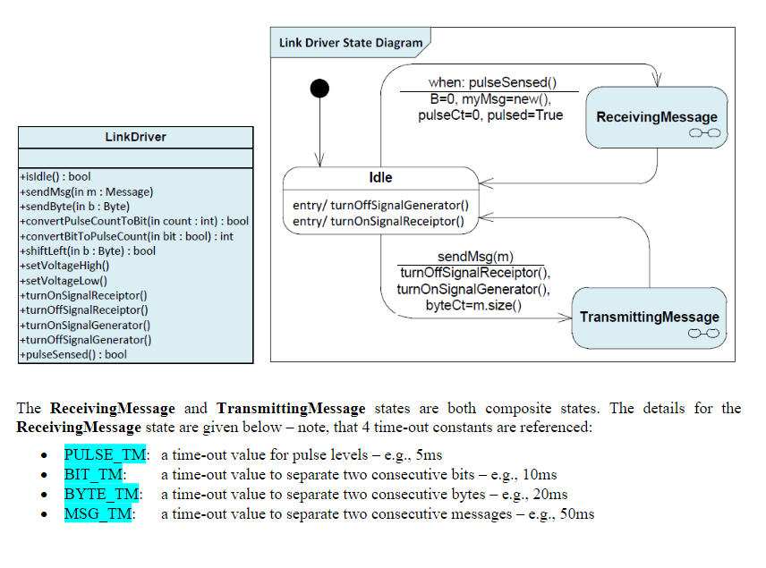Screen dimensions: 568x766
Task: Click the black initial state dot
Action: (x=319, y=88)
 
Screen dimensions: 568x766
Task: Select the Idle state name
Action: (x=380, y=177)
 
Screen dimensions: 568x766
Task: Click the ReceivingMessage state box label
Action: (x=657, y=117)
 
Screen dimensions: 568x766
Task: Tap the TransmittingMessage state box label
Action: (x=649, y=317)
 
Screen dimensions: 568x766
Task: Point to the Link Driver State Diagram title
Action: (x=351, y=42)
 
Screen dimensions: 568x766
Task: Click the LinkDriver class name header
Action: (x=135, y=137)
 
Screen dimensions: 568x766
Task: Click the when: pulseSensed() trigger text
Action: (x=486, y=82)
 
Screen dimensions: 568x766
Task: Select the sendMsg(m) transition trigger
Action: (x=475, y=258)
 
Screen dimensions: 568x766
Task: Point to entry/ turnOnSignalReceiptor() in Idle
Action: (x=379, y=221)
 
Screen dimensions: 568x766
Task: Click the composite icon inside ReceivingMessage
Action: (x=704, y=133)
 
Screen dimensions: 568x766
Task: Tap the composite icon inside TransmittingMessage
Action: (x=702, y=333)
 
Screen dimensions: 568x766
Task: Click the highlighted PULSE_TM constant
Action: (x=98, y=454)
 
